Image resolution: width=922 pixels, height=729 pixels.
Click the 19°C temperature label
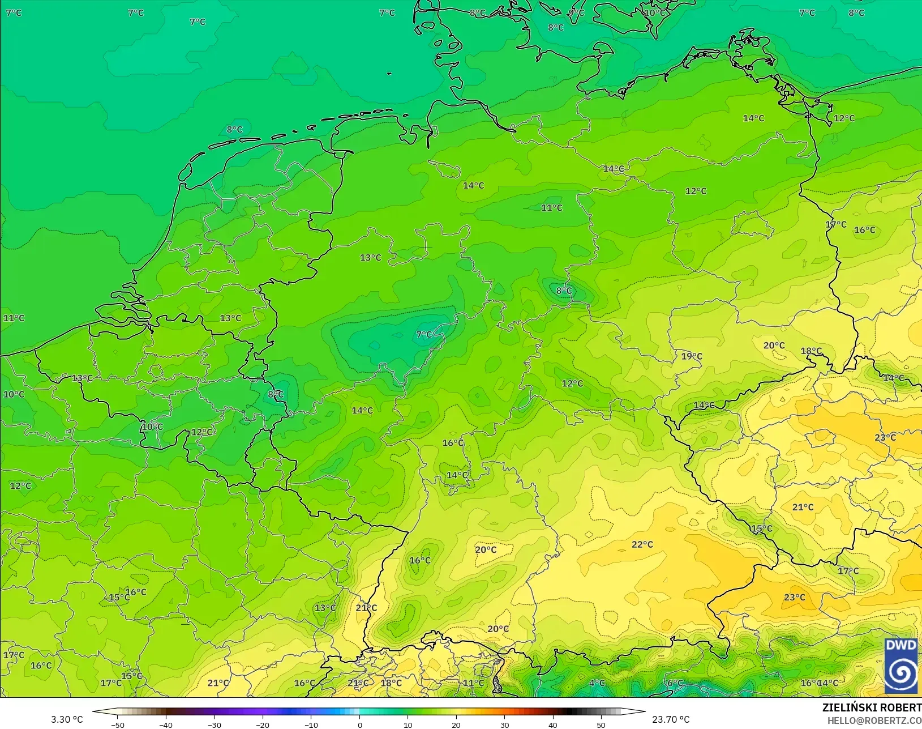[691, 356]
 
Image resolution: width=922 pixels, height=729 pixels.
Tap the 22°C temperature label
[642, 544]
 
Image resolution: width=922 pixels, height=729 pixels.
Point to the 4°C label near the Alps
[597, 683]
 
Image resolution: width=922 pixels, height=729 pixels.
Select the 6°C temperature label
[675, 683]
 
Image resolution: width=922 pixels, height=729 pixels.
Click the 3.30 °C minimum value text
[67, 719]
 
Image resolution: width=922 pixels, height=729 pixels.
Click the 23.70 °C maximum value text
[671, 719]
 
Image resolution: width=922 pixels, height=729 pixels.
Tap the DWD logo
[901, 666]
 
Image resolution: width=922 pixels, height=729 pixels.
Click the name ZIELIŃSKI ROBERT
[872, 708]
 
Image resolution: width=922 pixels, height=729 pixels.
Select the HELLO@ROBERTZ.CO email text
[874, 721]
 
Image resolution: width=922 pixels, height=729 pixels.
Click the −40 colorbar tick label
[165, 724]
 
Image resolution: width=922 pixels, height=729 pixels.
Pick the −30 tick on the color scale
[214, 724]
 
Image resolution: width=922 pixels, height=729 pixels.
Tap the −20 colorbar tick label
[262, 724]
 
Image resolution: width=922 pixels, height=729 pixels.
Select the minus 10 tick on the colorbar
[311, 724]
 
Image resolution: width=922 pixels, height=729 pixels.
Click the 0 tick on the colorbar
[359, 724]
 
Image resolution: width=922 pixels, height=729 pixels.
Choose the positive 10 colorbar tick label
[408, 724]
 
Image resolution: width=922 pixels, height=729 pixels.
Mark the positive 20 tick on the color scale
[456, 724]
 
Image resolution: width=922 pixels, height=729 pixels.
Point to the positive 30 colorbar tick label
[504, 724]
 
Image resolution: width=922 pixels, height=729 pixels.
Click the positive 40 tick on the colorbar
[553, 724]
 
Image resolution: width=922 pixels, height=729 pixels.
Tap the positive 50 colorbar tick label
[601, 724]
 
